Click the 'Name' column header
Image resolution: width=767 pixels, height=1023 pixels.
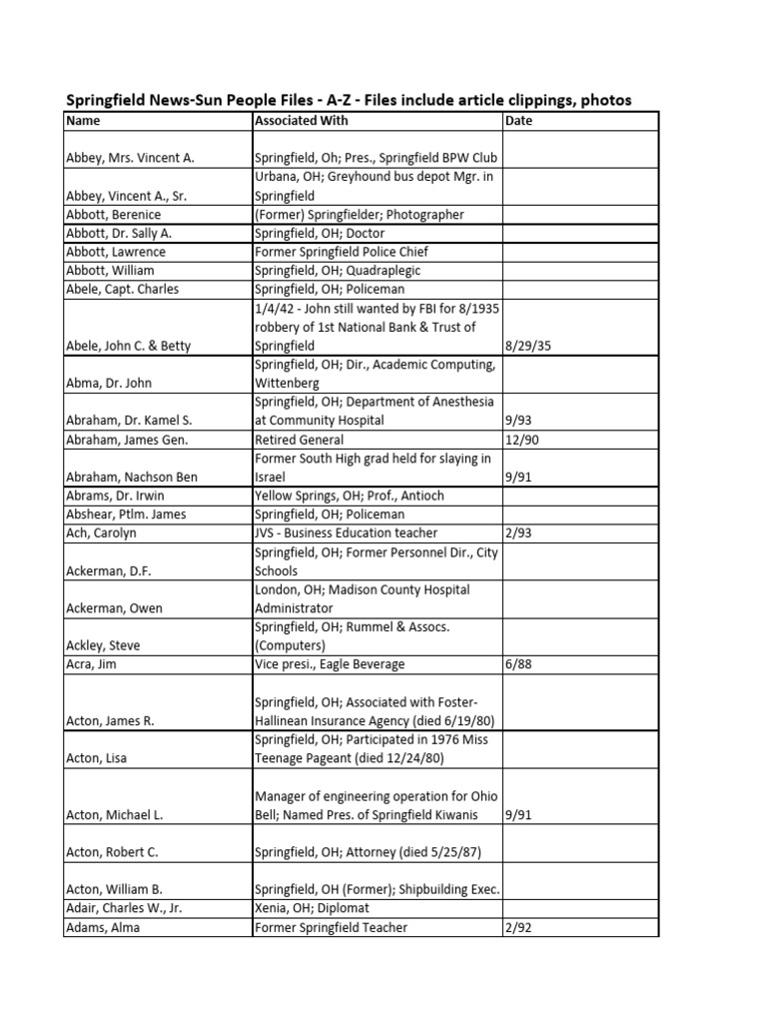84,121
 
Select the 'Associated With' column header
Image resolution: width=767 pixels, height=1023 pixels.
302,121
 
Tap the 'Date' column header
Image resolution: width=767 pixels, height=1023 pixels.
520,121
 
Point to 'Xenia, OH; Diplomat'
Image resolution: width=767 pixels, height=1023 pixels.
312,908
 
